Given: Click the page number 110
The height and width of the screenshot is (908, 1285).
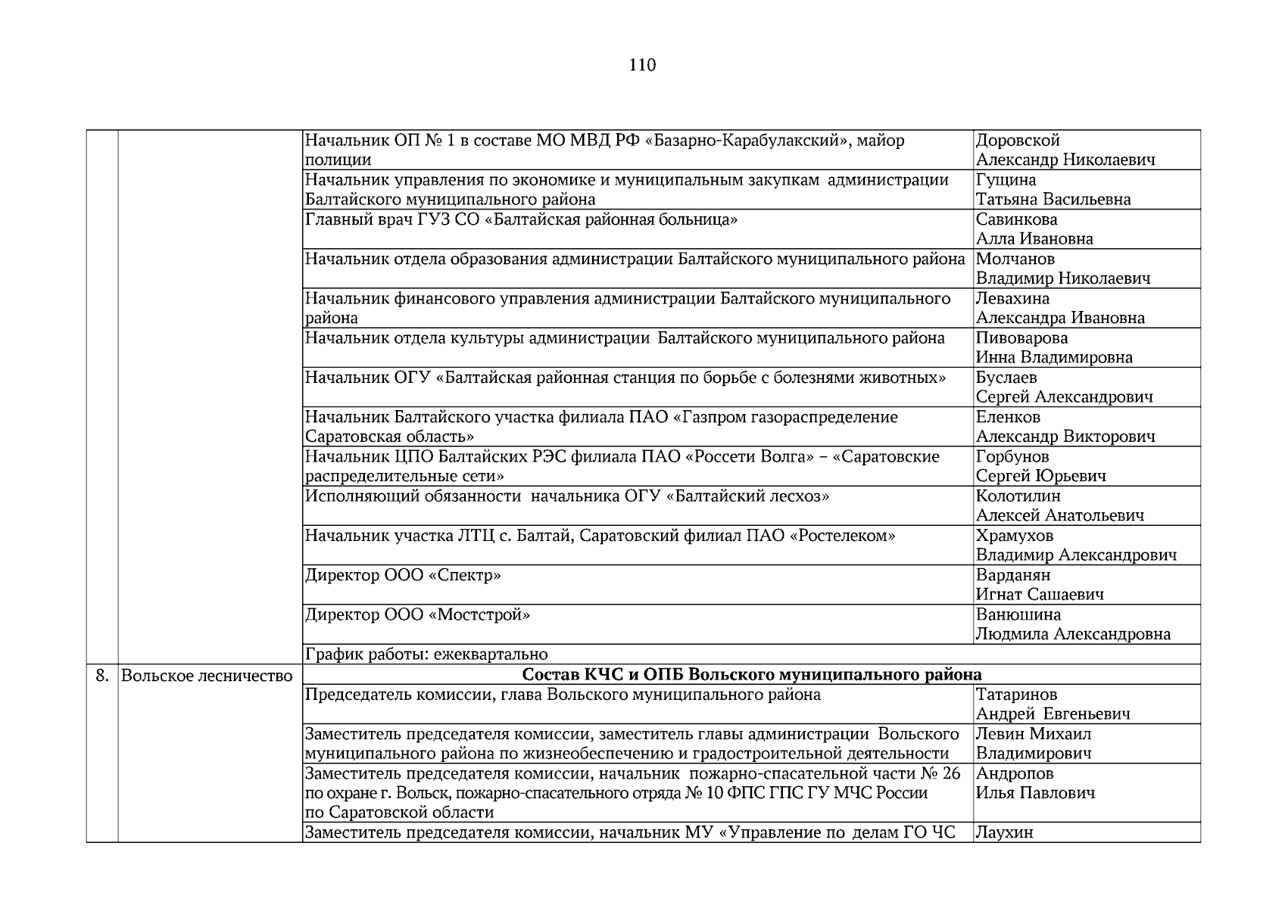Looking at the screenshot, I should click(x=642, y=65).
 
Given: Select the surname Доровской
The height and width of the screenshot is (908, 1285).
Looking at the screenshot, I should click(x=1017, y=141).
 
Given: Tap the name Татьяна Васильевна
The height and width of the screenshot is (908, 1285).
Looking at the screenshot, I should click(x=1053, y=200).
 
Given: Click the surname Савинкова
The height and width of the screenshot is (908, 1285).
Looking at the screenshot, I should click(x=1016, y=219).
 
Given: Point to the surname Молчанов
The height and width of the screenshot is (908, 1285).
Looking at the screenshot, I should click(x=1015, y=260).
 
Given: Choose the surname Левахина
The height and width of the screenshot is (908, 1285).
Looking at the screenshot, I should click(x=1012, y=299).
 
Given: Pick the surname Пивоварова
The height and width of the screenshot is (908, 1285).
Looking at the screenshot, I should click(x=1021, y=338).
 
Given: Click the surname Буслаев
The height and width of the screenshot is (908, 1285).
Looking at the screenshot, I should click(x=1006, y=378).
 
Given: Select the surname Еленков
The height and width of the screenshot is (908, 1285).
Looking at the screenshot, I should click(x=1008, y=417).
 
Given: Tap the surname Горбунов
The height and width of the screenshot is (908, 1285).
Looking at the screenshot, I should click(x=1012, y=457).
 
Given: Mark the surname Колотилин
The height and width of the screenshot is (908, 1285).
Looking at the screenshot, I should click(x=1018, y=496).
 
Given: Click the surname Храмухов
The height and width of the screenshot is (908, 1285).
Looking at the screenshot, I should click(x=1014, y=536).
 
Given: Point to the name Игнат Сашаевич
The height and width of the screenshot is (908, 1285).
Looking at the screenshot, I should click(x=1039, y=595).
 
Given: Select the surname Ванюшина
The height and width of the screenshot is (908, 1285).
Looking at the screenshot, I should click(x=1018, y=614).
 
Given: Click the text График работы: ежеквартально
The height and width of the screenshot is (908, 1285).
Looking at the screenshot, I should click(x=426, y=655).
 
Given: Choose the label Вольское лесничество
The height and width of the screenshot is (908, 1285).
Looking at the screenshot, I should click(x=207, y=676).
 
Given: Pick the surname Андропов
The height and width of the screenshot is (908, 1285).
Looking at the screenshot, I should click(x=1014, y=773).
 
